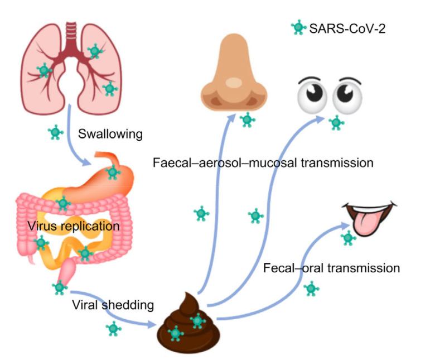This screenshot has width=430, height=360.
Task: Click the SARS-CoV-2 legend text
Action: pos(347,27)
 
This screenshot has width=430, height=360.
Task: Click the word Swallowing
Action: pos(110,134)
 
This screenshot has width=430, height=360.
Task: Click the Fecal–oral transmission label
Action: pos(331,268)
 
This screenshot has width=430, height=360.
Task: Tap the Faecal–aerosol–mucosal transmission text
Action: pos(262,163)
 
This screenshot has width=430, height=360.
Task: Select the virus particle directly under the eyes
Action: pos(336,122)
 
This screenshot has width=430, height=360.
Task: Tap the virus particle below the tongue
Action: pos(349,238)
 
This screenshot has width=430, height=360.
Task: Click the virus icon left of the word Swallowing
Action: pos(55,133)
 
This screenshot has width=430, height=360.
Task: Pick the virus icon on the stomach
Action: pos(113,172)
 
